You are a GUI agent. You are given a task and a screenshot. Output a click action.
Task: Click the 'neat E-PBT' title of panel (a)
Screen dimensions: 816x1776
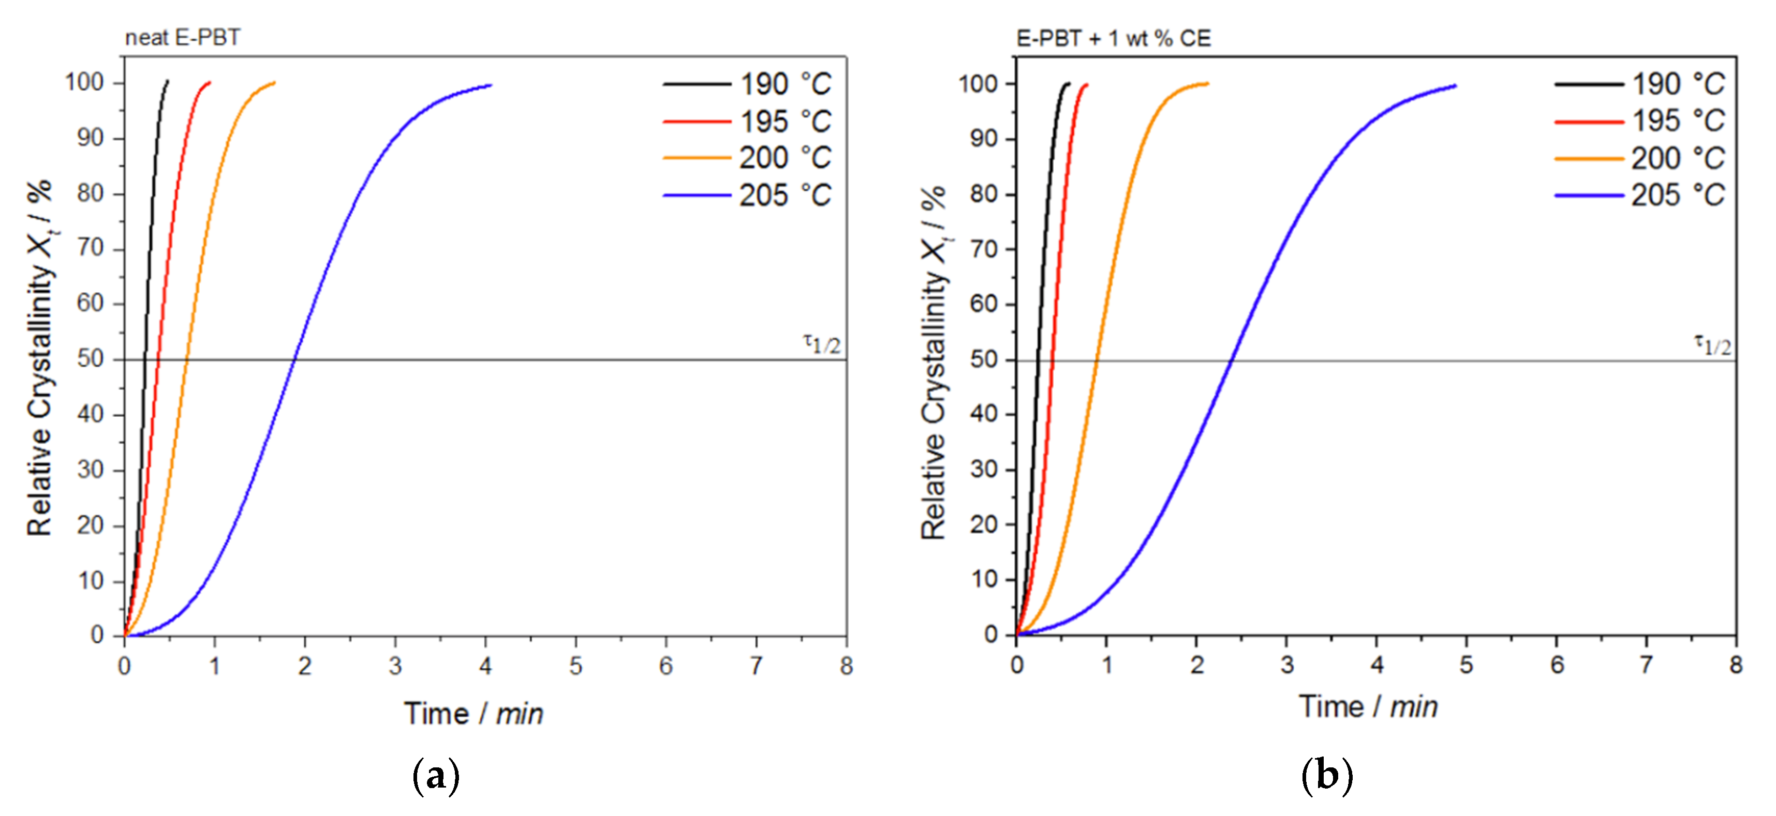183,37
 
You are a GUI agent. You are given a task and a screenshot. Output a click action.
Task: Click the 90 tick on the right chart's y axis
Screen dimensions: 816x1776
983,139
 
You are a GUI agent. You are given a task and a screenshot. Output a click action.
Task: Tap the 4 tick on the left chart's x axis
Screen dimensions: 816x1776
485,666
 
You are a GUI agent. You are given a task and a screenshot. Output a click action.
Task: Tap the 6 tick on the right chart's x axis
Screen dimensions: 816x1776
1557,664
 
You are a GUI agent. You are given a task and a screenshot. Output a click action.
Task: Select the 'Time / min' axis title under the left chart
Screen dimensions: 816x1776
473,713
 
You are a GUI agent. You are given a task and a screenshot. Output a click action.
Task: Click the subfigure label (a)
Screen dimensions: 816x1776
436,776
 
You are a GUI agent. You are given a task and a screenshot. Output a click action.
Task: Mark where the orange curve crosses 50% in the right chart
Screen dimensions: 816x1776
1096,360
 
